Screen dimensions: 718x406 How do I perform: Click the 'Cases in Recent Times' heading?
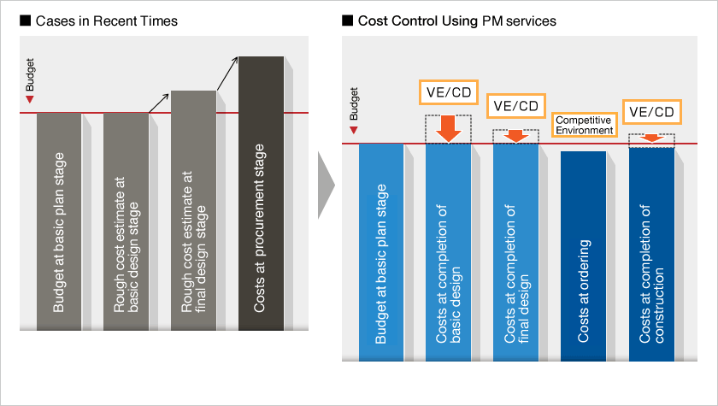pos(106,21)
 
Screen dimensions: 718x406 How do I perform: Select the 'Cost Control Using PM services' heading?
pos(457,21)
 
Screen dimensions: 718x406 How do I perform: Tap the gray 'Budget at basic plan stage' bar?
pos(59,221)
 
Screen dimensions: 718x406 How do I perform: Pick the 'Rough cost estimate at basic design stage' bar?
pos(126,221)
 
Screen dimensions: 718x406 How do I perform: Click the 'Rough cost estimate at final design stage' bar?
pos(194,210)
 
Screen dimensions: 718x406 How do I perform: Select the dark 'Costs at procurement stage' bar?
pos(261,193)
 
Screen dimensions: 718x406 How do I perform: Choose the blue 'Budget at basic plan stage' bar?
pos(381,253)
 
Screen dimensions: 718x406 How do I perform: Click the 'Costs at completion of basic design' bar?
pos(448,253)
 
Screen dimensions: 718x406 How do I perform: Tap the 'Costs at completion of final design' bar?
pos(516,253)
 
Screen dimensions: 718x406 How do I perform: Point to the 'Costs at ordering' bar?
pos(583,256)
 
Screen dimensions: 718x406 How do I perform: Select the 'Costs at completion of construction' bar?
pos(651,255)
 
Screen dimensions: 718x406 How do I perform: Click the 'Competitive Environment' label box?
pos(585,125)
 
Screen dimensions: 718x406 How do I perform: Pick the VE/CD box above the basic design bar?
pos(449,92)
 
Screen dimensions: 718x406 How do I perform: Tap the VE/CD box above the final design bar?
pos(516,106)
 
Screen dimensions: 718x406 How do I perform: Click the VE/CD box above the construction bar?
pos(651,112)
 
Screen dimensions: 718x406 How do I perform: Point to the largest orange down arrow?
pos(448,129)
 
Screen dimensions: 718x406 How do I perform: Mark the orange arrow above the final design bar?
pos(516,136)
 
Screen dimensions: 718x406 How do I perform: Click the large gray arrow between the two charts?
pos(326,185)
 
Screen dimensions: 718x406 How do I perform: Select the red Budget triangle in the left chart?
pos(30,99)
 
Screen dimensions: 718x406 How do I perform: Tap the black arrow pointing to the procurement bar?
pos(227,74)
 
